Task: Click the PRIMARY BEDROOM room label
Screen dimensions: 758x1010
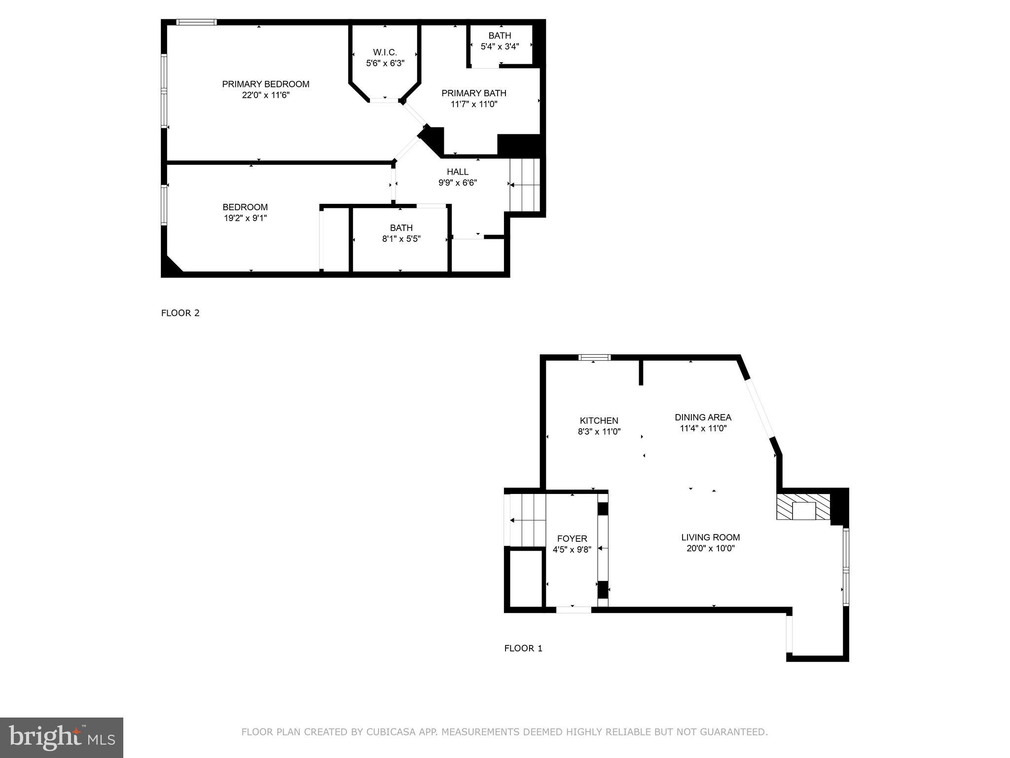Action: coord(265,84)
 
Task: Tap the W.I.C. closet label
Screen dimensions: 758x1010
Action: coord(385,52)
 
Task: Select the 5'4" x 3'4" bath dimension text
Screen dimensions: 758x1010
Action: coord(500,47)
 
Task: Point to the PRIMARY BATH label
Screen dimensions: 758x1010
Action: coord(473,93)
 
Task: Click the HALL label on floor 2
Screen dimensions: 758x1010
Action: coord(458,172)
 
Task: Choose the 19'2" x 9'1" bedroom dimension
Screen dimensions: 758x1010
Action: coord(245,218)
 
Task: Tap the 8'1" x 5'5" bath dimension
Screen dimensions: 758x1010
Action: coord(401,239)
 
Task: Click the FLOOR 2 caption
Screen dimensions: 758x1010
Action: coord(180,313)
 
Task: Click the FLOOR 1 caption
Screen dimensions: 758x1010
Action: coord(523,648)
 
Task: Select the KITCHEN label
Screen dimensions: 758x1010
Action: coord(599,420)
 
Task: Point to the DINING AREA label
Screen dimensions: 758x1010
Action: coord(703,417)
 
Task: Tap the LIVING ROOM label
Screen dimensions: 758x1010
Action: coord(710,537)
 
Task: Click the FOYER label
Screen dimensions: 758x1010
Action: coord(572,538)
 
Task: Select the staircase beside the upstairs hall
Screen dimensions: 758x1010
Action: coord(525,185)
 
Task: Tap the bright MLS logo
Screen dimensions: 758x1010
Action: coord(61,737)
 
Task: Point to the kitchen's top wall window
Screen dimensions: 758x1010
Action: coord(594,358)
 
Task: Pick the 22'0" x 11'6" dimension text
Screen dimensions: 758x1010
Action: coord(265,95)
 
